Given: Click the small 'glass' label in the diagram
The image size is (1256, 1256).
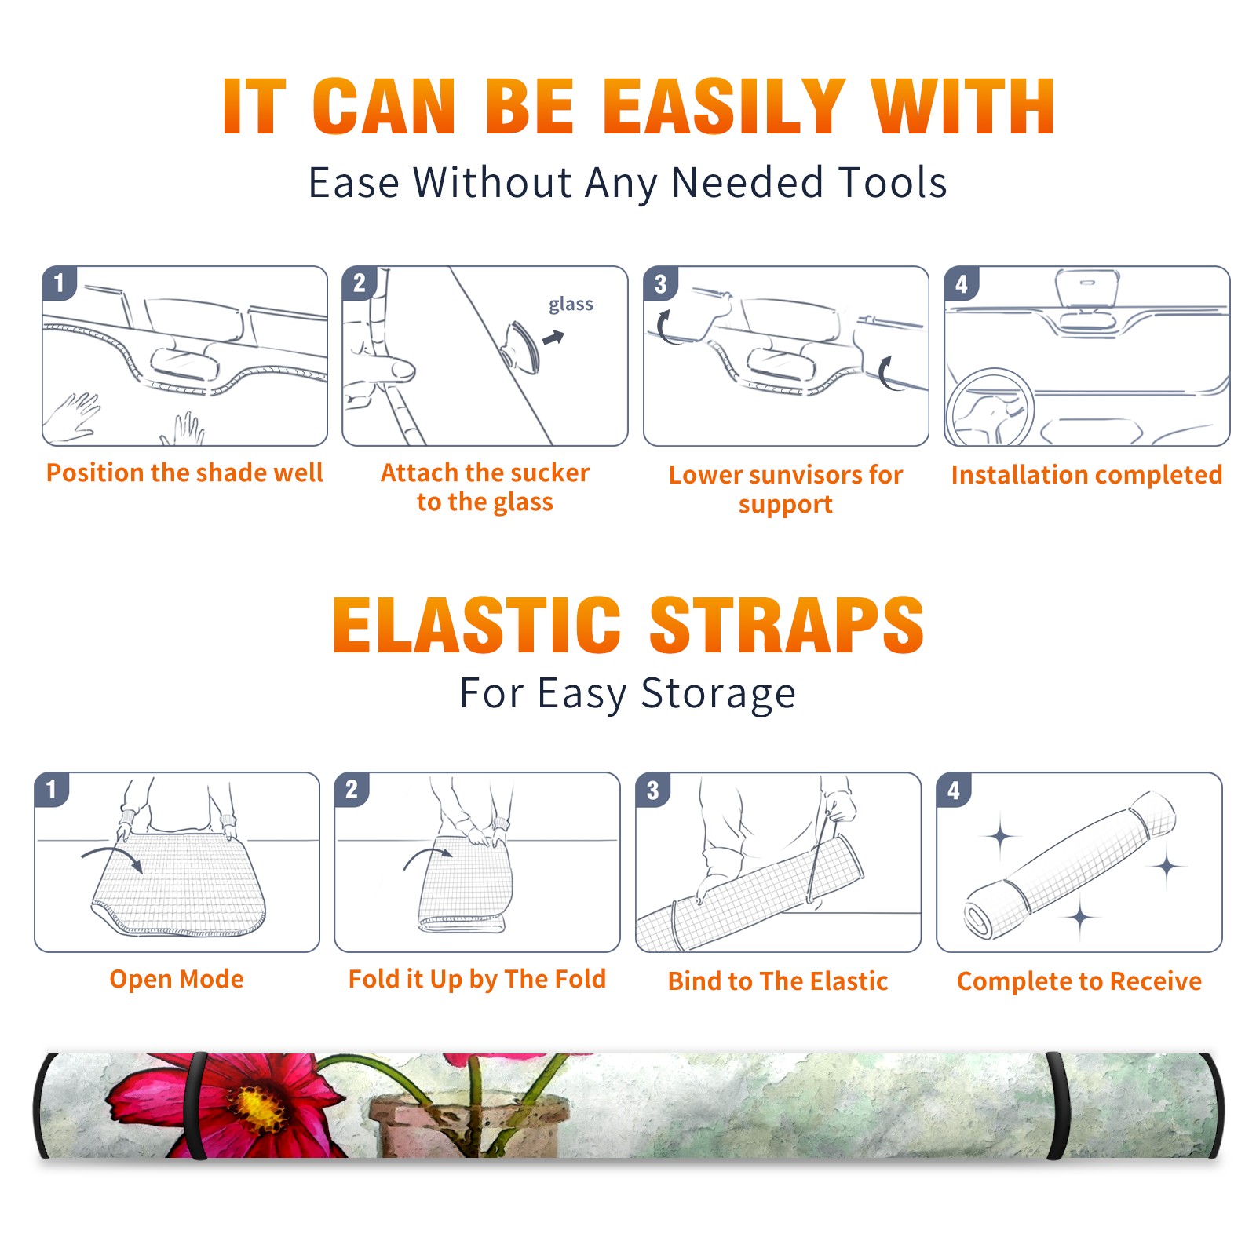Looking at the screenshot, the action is [571, 305].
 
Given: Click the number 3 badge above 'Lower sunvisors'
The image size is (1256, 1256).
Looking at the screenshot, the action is [660, 283].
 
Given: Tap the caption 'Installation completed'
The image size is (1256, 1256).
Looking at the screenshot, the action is [1086, 475].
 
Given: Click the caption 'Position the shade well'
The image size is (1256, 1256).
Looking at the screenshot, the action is [184, 473].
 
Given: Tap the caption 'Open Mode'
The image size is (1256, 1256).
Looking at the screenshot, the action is [177, 980].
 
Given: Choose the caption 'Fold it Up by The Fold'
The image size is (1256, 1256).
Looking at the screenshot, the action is [477, 980].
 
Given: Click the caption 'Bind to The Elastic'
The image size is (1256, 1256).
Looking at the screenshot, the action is [778, 981].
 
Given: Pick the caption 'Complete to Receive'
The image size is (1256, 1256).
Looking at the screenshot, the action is [1079, 981].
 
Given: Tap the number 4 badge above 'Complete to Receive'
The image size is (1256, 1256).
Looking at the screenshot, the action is [954, 790].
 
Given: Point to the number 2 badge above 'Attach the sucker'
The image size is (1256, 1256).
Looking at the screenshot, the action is [360, 283].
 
